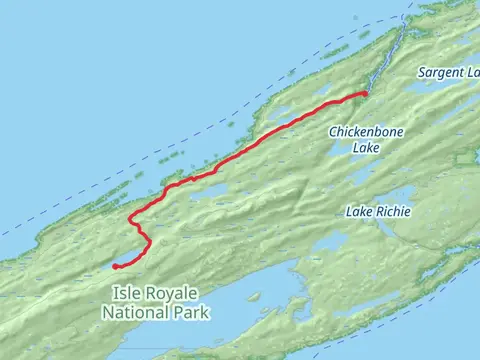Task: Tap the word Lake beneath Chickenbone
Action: (366, 147)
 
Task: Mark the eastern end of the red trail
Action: (365, 93)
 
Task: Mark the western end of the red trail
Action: (115, 266)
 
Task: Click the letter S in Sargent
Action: (421, 73)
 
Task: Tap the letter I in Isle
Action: (116, 292)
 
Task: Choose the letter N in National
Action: (107, 312)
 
